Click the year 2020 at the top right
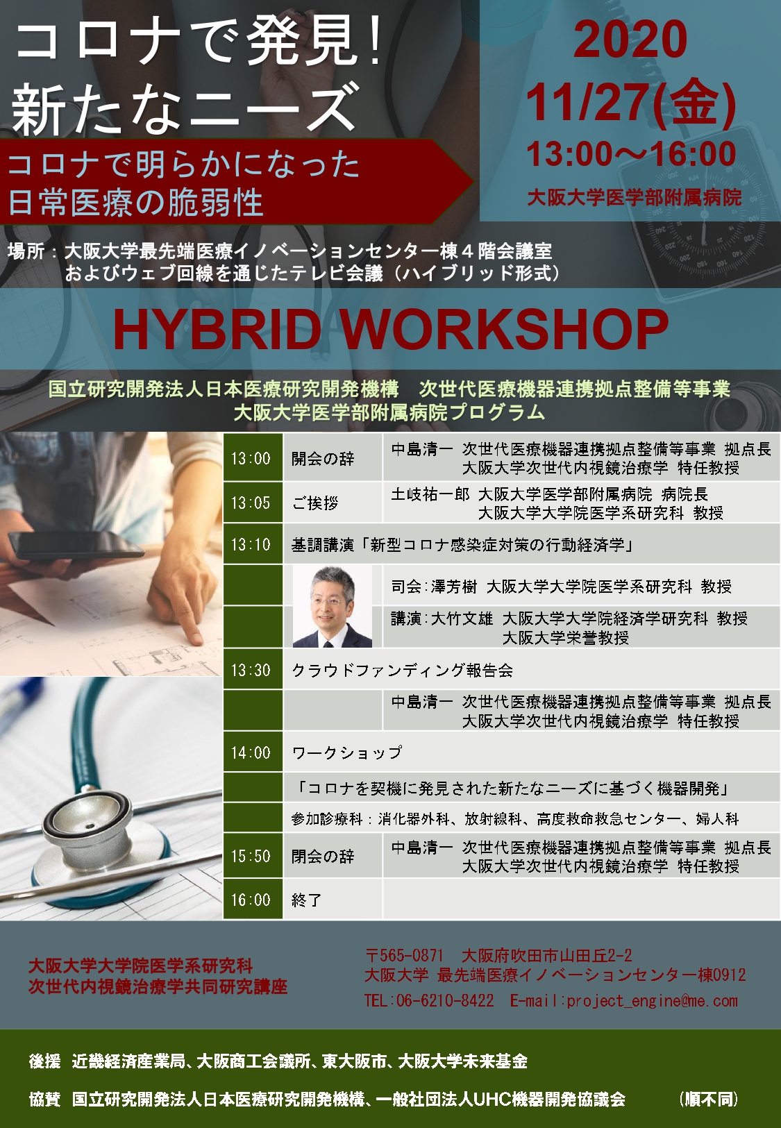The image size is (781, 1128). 630,40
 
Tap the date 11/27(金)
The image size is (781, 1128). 631,102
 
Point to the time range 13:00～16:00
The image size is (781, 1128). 631,153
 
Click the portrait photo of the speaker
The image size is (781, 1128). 333,606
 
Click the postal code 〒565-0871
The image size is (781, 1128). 404,955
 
